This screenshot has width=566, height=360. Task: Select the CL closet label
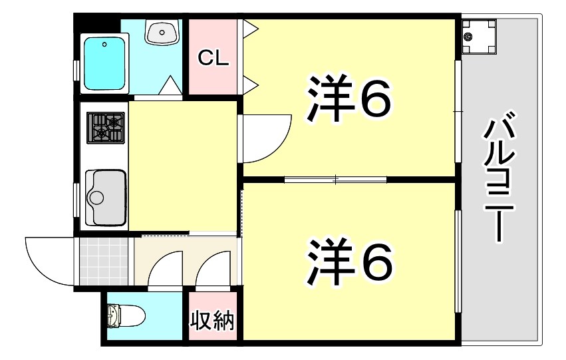213,59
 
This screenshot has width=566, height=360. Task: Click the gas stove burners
106,127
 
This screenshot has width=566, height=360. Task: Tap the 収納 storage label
213,321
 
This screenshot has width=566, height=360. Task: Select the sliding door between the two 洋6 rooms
336,178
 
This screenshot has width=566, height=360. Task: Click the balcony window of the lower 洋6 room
458,260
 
